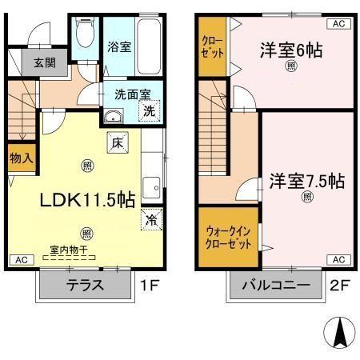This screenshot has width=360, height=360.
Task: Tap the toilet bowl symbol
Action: tap(82, 33)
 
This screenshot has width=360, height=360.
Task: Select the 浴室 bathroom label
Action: tap(118, 48)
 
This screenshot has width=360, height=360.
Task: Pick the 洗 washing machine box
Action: tap(150, 112)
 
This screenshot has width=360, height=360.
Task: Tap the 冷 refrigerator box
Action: tap(150, 218)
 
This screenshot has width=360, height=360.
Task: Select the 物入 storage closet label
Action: tap(21, 158)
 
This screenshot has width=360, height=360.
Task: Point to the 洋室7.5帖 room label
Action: tap(306, 180)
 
